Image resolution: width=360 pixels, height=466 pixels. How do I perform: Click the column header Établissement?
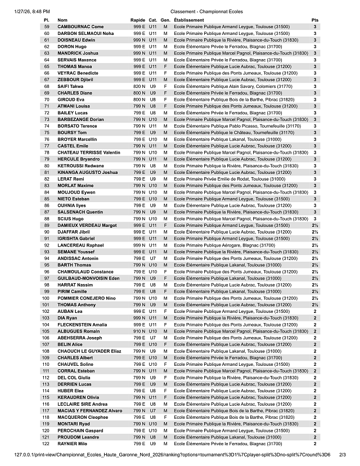click(189, 20)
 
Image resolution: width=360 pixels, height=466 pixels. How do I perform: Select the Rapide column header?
click(137, 20)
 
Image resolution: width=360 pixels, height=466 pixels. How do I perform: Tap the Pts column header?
click(314, 20)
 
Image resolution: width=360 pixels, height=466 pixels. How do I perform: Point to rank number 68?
click(47, 86)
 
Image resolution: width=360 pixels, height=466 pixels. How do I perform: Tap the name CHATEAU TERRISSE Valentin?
click(89, 153)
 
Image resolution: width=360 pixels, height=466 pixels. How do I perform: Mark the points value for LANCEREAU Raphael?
click(314, 245)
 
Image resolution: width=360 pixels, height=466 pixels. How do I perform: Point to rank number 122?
click(46, 444)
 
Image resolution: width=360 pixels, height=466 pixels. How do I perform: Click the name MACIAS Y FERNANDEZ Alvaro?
click(90, 411)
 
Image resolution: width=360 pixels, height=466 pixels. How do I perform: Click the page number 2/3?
click(343, 454)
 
